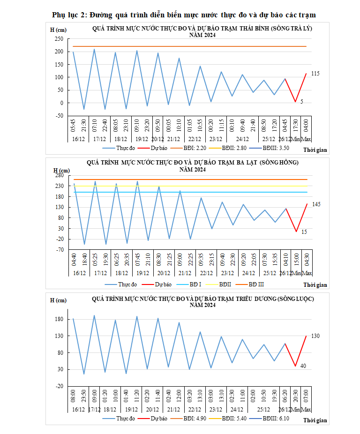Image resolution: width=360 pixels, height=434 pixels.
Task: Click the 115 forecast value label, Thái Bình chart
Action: [315, 74]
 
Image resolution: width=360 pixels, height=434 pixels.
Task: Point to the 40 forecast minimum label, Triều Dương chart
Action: [303, 366]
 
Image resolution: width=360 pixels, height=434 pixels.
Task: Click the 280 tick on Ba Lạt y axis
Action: [60, 175]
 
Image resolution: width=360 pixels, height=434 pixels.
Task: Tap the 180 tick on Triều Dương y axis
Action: [60, 319]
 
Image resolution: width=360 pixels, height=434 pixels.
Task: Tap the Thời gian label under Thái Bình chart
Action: [315, 150]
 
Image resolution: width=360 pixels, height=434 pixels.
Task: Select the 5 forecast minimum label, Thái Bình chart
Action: [302, 101]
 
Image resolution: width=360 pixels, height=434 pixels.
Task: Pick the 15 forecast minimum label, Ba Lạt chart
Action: [304, 232]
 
